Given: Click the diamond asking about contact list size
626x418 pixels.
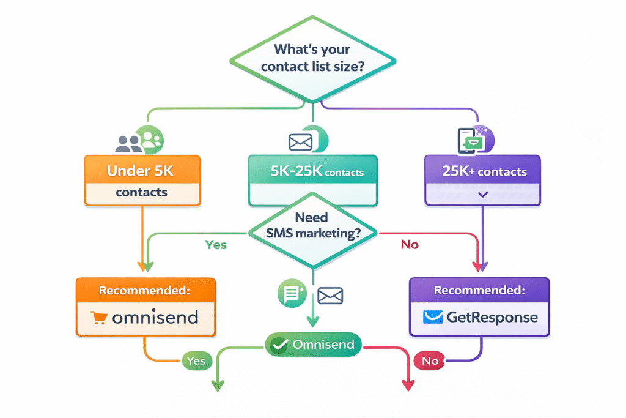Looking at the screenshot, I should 312,58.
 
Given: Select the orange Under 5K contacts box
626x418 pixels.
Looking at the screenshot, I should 142,180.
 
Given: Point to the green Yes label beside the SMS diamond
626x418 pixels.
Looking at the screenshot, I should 215,245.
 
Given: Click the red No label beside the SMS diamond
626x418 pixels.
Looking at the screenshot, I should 409,245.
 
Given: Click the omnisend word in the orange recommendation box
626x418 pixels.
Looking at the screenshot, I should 155,317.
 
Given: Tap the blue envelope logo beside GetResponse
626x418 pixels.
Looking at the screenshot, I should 434,317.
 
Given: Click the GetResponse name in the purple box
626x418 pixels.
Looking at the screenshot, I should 492,317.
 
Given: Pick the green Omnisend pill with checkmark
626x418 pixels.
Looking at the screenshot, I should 313,345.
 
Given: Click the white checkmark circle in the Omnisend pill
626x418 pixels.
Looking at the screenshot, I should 279,345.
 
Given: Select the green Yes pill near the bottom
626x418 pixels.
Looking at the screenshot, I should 196,361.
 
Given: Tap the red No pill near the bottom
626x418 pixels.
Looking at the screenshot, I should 430,361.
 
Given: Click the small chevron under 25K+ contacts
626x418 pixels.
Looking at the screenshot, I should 483,194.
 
